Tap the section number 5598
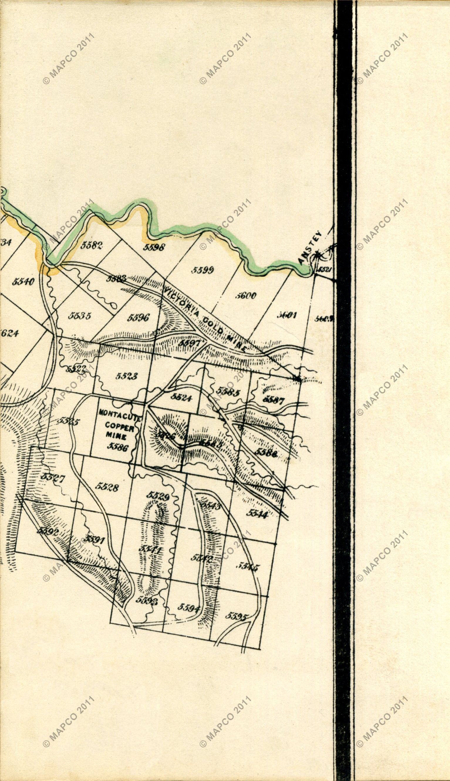click(155, 247)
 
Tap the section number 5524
click(181, 398)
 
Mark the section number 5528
click(106, 487)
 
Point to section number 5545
click(249, 567)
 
